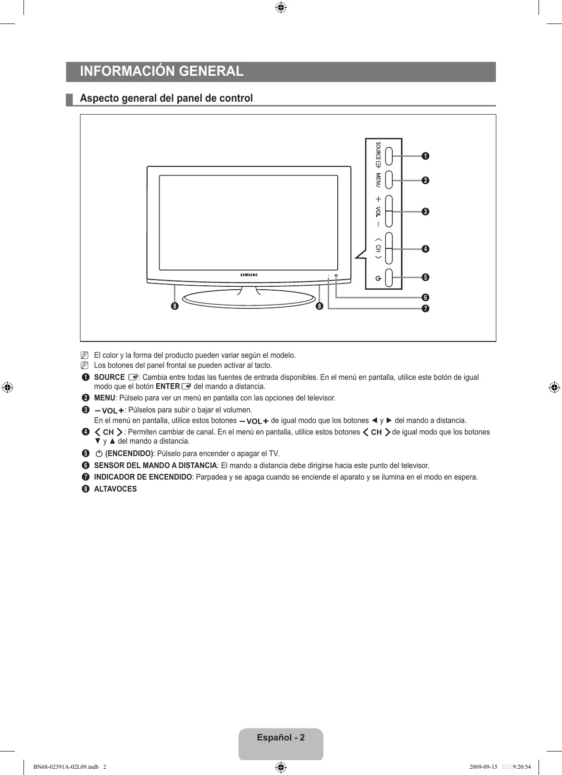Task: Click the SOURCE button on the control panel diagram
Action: (x=389, y=155)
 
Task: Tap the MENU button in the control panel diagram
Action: (x=389, y=180)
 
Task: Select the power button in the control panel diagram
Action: (x=389, y=278)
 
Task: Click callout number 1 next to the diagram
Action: (x=425, y=156)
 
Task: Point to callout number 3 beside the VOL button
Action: (x=425, y=211)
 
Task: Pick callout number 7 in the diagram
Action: (x=425, y=308)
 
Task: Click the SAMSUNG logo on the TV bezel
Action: (x=249, y=275)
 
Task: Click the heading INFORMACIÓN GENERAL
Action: (x=162, y=71)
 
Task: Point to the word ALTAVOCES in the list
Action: (x=115, y=489)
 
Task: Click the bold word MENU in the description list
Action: (x=104, y=398)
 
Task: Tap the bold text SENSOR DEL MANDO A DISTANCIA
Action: (x=155, y=466)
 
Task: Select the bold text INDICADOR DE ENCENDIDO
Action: (x=143, y=477)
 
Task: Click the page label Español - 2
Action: (x=281, y=738)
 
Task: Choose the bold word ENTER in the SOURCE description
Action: (x=168, y=387)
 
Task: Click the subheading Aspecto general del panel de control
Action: (x=166, y=98)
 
